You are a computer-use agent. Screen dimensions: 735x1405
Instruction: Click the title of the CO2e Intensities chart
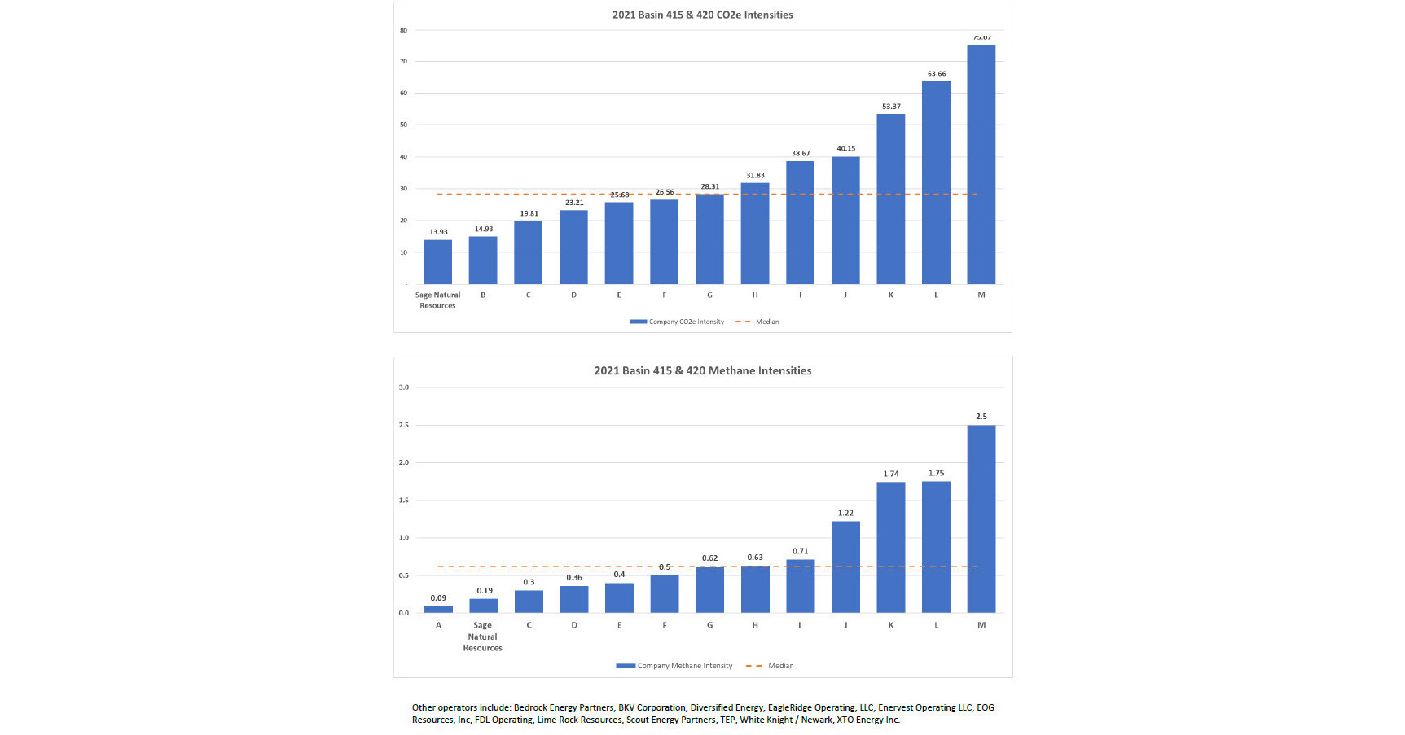pos(702,15)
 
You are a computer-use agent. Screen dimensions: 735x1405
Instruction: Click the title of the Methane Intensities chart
pos(702,370)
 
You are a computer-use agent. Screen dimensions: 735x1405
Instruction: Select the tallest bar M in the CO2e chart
pos(981,163)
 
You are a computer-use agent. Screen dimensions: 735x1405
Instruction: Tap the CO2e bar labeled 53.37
pos(890,199)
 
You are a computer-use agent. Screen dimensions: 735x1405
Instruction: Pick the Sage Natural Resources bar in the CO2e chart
pos(437,261)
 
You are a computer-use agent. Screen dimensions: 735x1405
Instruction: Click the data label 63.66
pos(936,73)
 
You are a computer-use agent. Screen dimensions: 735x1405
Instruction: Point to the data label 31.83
pos(755,175)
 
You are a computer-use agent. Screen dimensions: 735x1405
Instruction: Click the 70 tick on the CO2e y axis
pos(403,61)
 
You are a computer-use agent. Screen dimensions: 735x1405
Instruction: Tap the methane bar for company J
pos(845,567)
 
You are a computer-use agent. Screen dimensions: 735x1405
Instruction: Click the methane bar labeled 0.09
pos(438,609)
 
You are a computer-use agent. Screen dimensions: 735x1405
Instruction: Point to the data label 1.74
pos(890,474)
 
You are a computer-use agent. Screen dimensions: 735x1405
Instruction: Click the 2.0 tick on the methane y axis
pos(403,462)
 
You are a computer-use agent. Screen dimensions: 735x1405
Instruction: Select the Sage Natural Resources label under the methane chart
pos(482,637)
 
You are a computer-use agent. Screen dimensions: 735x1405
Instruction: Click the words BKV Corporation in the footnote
pos(652,707)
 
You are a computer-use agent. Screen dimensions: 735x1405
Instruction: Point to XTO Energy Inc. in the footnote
pos(868,720)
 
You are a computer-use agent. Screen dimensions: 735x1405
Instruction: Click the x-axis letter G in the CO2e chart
pos(709,295)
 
